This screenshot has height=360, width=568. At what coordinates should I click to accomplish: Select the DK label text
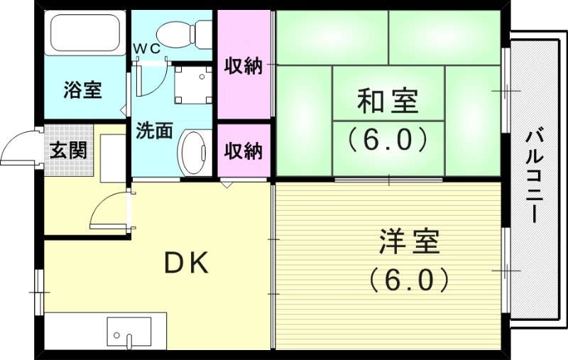tap(187, 263)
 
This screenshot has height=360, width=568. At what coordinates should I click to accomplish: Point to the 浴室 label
tap(82, 90)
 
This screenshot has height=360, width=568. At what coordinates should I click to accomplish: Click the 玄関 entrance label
tap(69, 151)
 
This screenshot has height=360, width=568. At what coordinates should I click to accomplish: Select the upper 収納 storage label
tap(244, 67)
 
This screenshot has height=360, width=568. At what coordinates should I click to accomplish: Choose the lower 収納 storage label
tap(244, 151)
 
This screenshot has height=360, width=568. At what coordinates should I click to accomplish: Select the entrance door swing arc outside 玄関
tap(20, 146)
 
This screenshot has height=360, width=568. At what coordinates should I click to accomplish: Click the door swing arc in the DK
tap(108, 211)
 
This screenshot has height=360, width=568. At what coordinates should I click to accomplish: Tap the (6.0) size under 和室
tap(387, 138)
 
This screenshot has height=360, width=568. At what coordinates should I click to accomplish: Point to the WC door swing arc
tap(151, 80)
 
